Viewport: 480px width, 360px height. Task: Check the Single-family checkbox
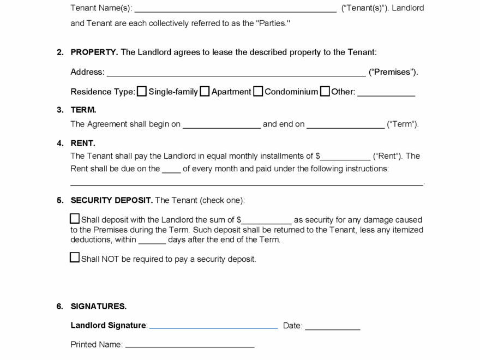[x=142, y=92]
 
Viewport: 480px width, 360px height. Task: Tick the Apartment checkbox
[x=205, y=92]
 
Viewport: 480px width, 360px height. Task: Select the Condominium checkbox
[x=258, y=92]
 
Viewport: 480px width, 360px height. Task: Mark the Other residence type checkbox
[x=325, y=92]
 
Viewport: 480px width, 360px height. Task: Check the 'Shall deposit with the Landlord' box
[x=75, y=219]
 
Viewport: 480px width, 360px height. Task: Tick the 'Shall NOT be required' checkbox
[x=75, y=257]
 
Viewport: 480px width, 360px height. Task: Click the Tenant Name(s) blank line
[x=235, y=8]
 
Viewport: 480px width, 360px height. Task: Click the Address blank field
[x=236, y=72]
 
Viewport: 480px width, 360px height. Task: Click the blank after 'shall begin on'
[x=221, y=124]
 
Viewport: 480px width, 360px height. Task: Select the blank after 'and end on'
[x=345, y=124]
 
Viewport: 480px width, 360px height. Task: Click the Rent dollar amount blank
[x=345, y=157]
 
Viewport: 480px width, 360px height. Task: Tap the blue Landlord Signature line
[x=213, y=326]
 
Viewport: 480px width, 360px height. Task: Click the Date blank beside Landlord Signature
[x=332, y=326]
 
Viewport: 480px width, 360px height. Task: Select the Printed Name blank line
[x=190, y=345]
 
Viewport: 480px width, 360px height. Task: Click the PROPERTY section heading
[x=94, y=52]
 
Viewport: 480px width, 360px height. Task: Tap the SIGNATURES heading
[x=98, y=307]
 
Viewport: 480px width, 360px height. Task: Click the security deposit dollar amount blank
[x=266, y=220]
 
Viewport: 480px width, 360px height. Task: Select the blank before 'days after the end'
[x=152, y=240]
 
